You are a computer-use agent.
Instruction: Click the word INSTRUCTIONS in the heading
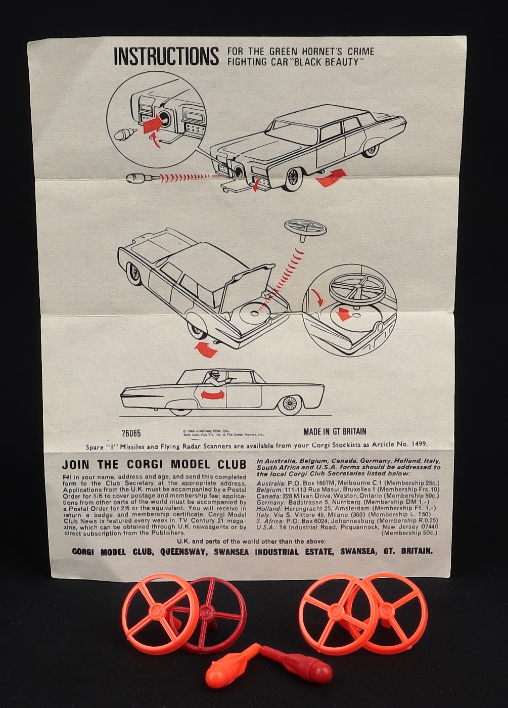tap(166, 56)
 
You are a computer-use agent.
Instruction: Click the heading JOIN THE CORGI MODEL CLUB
tap(154, 464)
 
